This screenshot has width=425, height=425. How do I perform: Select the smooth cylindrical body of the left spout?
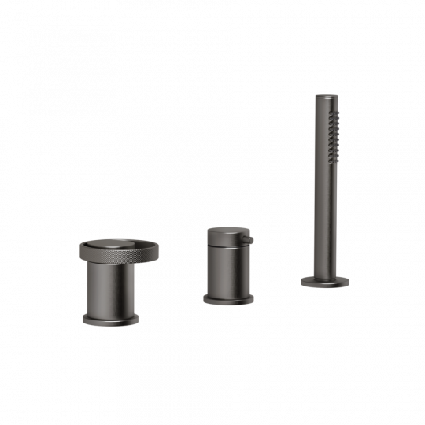click(x=111, y=287)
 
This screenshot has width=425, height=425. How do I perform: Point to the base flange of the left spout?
click(x=111, y=319)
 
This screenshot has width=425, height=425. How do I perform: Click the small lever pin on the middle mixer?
click(x=249, y=238)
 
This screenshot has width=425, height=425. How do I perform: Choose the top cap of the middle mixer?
click(x=226, y=234)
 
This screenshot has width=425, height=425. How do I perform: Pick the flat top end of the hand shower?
click(x=325, y=98)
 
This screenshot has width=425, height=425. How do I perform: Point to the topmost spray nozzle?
click(x=334, y=113)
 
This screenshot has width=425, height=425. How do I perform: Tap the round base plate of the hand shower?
click(x=323, y=281)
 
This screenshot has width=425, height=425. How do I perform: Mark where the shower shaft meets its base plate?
click(x=323, y=275)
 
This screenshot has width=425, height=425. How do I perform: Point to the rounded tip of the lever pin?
click(x=253, y=238)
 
